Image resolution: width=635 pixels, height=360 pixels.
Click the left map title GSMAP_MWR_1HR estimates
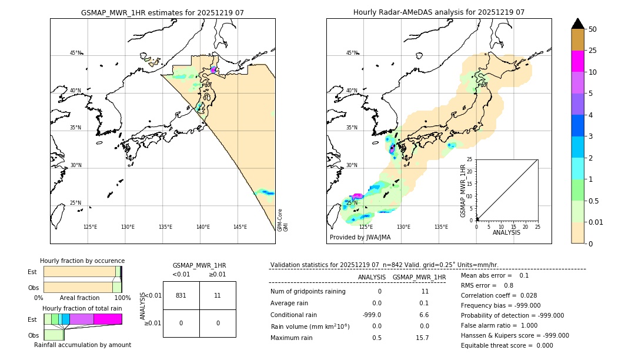click(162, 12)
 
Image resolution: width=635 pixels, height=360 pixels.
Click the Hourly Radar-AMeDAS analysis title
click(439, 12)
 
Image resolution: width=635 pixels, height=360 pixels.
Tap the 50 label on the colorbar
click(593, 29)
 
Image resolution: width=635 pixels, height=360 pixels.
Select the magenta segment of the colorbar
click(577, 61)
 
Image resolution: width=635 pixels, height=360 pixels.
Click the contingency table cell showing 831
click(181, 295)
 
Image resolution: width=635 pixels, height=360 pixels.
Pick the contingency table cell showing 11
click(217, 295)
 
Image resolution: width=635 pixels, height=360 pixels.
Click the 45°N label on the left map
click(75, 53)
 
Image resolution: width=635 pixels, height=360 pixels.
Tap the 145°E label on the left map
click(240, 227)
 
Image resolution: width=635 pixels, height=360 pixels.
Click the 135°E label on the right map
click(441, 227)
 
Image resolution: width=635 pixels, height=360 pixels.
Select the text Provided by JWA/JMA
click(360, 238)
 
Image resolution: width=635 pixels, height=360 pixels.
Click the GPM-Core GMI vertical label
click(282, 220)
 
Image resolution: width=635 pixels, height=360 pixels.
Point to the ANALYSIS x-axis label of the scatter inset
click(506, 232)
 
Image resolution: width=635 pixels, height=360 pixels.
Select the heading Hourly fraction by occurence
click(82, 261)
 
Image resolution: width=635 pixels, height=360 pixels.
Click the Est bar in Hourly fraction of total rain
click(82, 319)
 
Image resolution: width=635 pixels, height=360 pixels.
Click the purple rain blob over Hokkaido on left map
click(213, 70)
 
